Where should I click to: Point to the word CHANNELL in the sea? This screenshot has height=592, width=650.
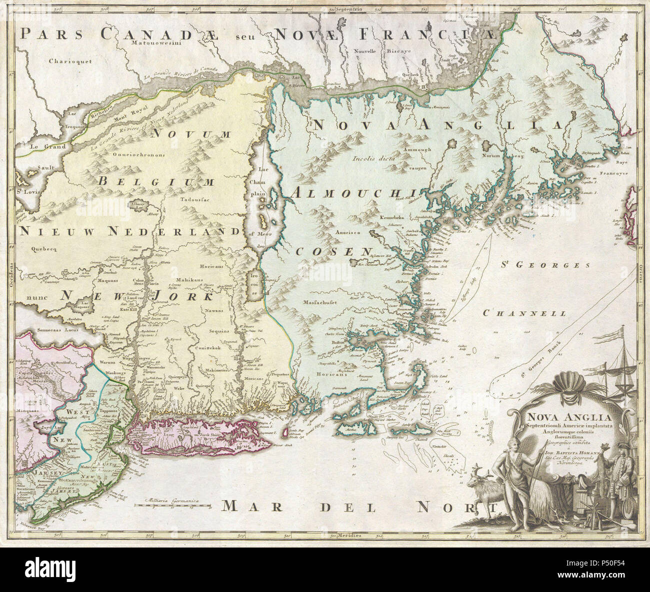click(x=524, y=313)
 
